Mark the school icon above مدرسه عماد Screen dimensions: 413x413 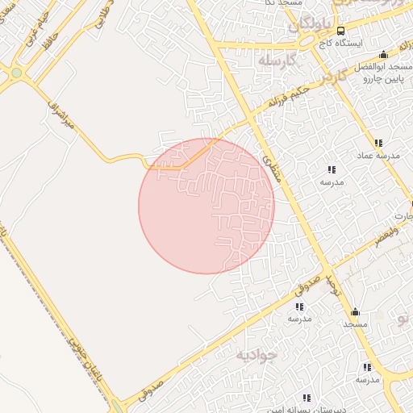(378, 143)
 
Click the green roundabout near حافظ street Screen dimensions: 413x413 (16, 73)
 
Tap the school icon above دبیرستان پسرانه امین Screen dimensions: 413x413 (306, 398)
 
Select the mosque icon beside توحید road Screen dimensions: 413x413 (354, 311)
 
